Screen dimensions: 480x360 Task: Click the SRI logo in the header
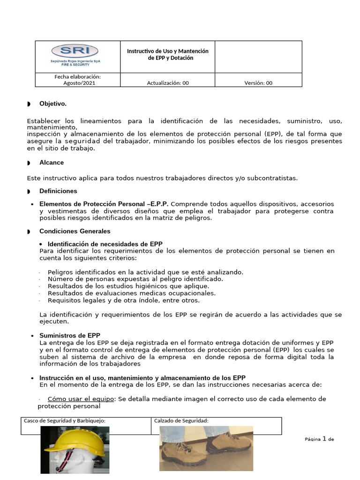click(75, 54)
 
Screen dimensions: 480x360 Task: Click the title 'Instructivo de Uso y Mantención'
click(167, 51)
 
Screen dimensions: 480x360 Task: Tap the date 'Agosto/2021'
click(78, 83)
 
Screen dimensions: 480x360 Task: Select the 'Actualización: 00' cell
click(168, 83)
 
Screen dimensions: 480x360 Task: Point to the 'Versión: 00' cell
click(258, 83)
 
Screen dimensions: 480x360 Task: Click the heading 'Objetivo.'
click(53, 104)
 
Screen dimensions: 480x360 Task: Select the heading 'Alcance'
click(52, 163)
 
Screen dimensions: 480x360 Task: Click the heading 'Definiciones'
click(58, 191)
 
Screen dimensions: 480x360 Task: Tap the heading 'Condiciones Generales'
click(75, 231)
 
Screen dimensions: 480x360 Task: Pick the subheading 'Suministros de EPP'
click(69, 336)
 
